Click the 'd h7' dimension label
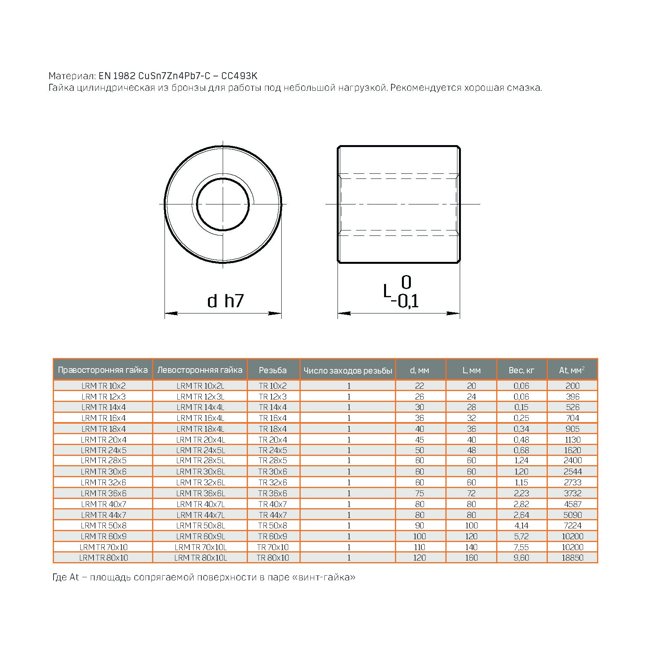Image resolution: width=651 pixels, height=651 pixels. pyautogui.click(x=225, y=301)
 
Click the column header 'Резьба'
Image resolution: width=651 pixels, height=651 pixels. pyautogui.click(x=273, y=370)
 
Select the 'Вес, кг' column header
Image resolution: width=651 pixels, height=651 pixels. pyautogui.click(x=521, y=370)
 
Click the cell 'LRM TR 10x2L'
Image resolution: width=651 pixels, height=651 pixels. pyautogui.click(x=200, y=386)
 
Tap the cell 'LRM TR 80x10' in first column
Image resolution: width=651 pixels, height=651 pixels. pyautogui.click(x=104, y=558)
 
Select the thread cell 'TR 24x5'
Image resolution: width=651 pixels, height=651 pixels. pyautogui.click(x=273, y=450)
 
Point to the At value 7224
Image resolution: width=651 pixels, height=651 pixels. pyautogui.click(x=572, y=525)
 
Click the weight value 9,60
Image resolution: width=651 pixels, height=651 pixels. pyautogui.click(x=521, y=558)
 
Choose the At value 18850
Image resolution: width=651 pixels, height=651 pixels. pyautogui.click(x=572, y=558)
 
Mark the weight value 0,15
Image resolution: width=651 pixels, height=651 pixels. pyautogui.click(x=521, y=407)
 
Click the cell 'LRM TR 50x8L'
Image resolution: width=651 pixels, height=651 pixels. pyautogui.click(x=200, y=525)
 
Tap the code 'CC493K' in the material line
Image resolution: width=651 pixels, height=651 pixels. pyautogui.click(x=239, y=76)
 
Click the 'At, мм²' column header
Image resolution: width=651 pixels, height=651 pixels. pyautogui.click(x=572, y=370)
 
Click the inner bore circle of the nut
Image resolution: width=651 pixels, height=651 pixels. pyautogui.click(x=223, y=204)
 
